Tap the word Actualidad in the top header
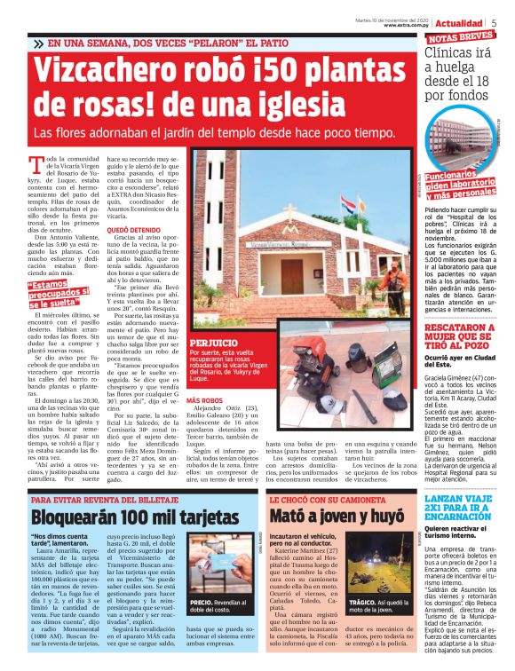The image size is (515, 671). pos(461,21)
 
